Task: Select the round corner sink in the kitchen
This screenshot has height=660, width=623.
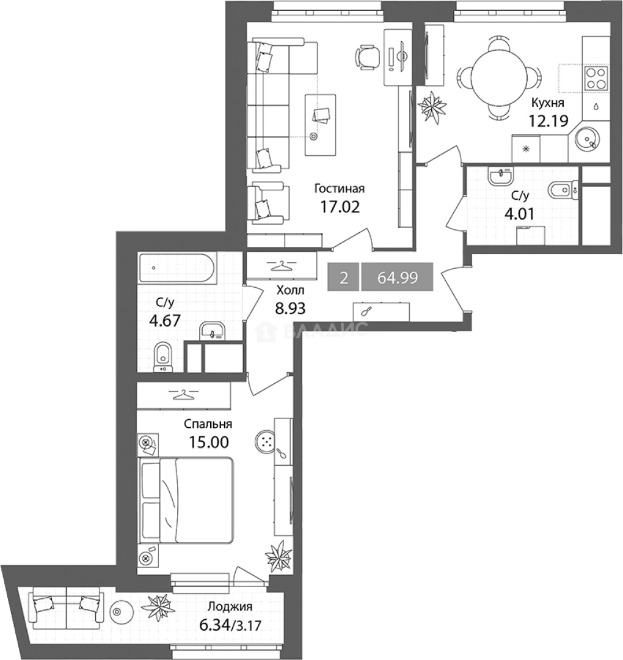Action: pos(587,139)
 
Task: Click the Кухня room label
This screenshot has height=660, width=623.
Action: pos(547,103)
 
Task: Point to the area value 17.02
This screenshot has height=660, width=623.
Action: pos(340,207)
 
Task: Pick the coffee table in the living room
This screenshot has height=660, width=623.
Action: pos(321,125)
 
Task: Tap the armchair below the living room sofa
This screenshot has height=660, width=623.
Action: pos(268,203)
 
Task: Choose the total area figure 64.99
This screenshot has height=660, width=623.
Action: pos(398,277)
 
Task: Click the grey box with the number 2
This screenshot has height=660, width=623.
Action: pos(343,277)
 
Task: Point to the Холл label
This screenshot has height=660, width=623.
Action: pos(290,290)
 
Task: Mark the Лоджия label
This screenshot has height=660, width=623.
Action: pos(230,607)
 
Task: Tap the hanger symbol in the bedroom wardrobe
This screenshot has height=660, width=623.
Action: pos(183,395)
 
